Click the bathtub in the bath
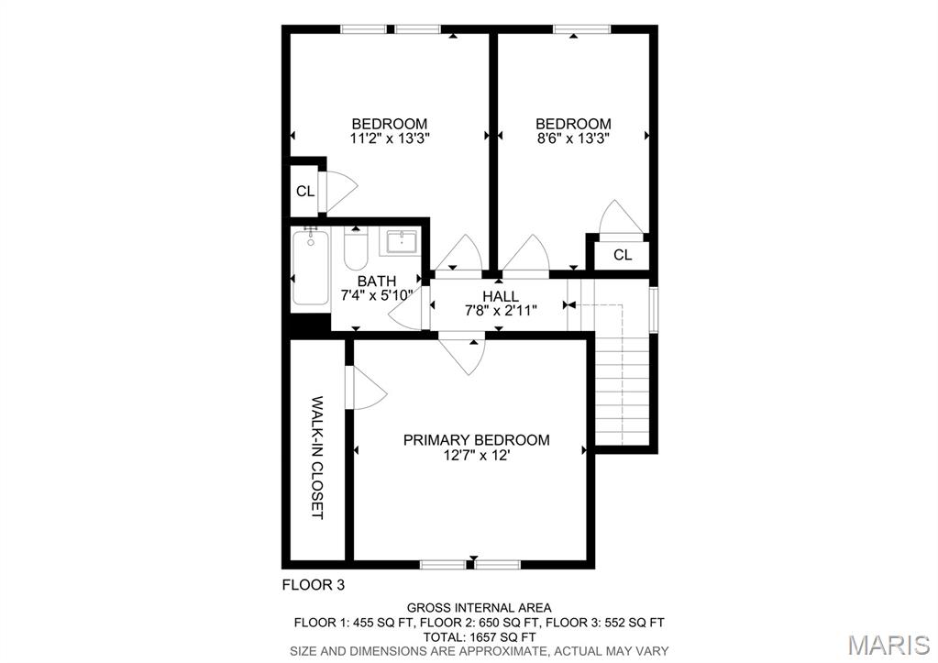[310, 271]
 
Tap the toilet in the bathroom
[356, 249]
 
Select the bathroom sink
[402, 243]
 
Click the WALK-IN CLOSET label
[317, 458]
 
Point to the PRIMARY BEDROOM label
[476, 440]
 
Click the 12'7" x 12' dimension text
[476, 455]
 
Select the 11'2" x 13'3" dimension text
[390, 138]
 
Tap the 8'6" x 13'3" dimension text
[573, 138]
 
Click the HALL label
[501, 296]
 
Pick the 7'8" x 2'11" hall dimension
[501, 311]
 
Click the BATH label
[376, 281]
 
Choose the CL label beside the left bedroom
[305, 192]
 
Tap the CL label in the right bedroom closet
[623, 255]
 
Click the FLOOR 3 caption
[313, 584]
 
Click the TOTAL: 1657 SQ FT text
[479, 636]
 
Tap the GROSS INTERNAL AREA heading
[479, 608]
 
